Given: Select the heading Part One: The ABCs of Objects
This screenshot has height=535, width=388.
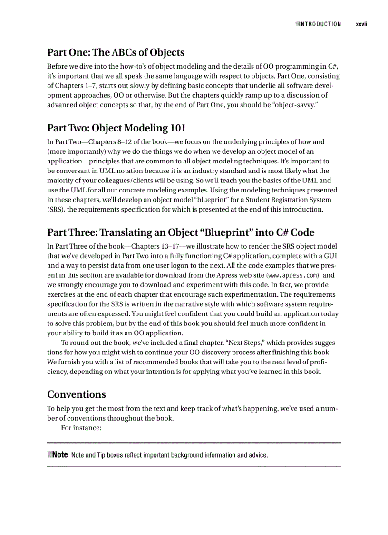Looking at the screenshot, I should click(116, 52).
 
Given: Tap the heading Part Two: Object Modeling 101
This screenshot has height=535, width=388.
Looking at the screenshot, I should click(116, 128).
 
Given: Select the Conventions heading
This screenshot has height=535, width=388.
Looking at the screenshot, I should click(77, 394).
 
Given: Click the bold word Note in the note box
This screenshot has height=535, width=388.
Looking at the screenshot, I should click(60, 454).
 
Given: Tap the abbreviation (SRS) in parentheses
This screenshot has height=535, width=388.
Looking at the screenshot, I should click(56, 209).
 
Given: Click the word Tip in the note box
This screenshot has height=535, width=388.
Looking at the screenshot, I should click(101, 455).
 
